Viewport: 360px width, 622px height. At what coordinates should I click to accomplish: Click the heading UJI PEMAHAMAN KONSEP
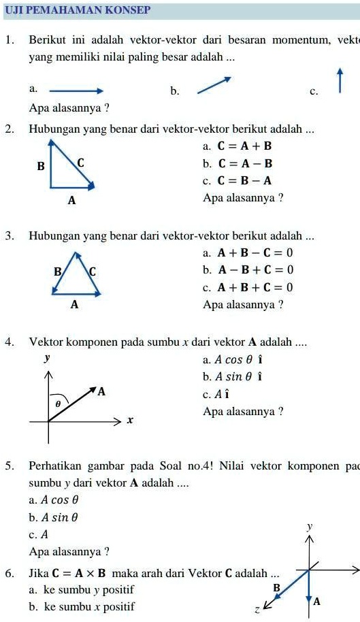point(77,11)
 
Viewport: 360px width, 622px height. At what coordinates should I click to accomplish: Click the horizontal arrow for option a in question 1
point(76,90)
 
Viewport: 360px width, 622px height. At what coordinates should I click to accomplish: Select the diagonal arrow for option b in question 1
point(214,85)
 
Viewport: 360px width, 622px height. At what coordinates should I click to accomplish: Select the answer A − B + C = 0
point(255,269)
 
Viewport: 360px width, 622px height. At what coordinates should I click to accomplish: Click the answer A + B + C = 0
point(255,287)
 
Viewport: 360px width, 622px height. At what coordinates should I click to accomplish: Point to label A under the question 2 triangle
point(72,201)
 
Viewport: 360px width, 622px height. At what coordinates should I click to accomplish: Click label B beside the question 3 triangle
point(58,272)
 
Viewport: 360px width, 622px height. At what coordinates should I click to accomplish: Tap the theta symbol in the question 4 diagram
point(58,404)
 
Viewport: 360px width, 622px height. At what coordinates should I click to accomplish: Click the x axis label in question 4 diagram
point(129,421)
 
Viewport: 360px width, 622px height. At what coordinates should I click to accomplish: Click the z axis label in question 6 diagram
point(257,610)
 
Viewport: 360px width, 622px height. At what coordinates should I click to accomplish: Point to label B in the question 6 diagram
point(276,587)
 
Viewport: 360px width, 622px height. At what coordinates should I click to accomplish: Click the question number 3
point(10,236)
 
